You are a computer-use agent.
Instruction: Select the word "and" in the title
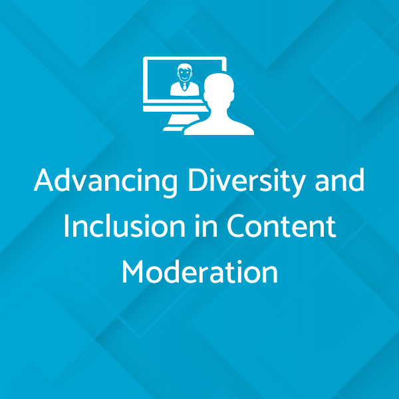[340, 180]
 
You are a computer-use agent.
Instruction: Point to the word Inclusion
[124, 225]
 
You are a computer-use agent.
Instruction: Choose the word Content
[281, 225]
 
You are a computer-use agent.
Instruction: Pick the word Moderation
[199, 271]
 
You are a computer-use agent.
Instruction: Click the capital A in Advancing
[43, 180]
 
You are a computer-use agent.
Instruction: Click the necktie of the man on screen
[185, 86]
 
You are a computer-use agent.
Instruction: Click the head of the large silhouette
[219, 88]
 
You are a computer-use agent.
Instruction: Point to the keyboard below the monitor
[174, 129]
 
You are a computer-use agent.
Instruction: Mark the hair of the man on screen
[185, 66]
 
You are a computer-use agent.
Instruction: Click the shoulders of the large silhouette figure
[219, 126]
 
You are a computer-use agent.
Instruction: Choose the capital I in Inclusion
[66, 226]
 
